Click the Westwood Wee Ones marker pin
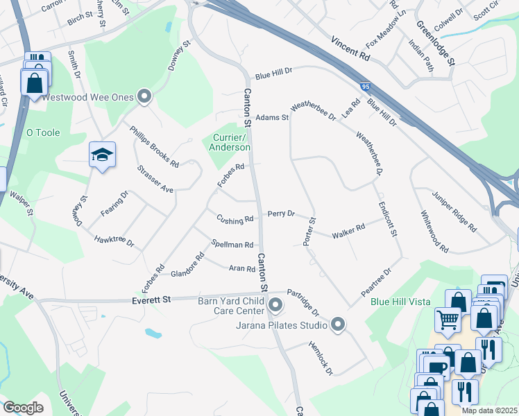(x=144, y=97)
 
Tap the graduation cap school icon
(x=102, y=155)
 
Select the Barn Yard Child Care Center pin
(x=275, y=304)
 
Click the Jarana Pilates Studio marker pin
(x=338, y=324)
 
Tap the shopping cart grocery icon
(x=448, y=320)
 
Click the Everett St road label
(x=151, y=300)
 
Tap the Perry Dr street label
(x=281, y=214)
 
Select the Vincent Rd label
(x=350, y=47)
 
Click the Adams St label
(x=272, y=118)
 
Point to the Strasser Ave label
(x=154, y=178)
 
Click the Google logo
(x=23, y=408)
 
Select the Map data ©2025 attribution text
(x=490, y=410)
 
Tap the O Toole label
(x=43, y=132)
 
